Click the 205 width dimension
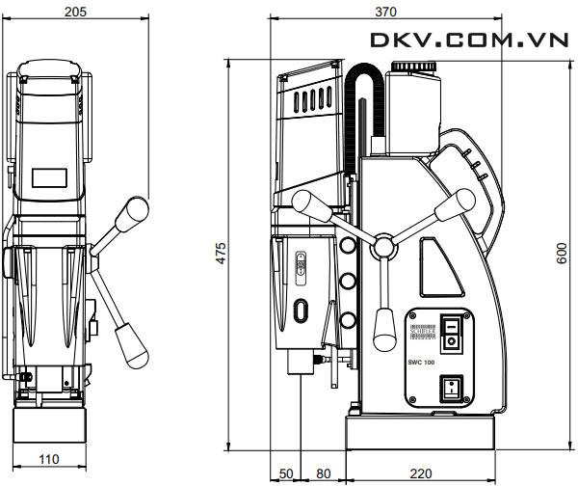coord(76,12)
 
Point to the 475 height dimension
coord(221,255)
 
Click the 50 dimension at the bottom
coord(286,474)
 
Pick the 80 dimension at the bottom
coord(323,474)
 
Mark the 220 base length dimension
coord(420,474)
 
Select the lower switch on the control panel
coord(449,389)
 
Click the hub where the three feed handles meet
coord(383,247)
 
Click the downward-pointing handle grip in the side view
coord(383,326)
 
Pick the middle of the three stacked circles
coord(345,283)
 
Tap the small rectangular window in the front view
coord(47,178)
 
